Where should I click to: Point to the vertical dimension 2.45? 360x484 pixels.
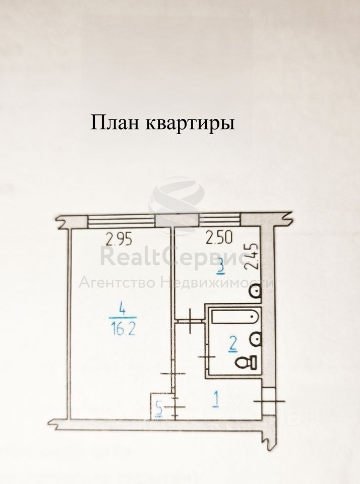click(x=255, y=256)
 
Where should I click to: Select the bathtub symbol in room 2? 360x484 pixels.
click(x=235, y=317)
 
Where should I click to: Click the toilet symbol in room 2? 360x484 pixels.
click(x=248, y=361)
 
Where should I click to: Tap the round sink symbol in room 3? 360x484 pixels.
click(x=256, y=291)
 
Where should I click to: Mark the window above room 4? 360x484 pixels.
click(x=121, y=221)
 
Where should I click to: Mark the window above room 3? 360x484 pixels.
click(x=220, y=221)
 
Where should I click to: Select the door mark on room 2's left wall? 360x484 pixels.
click(x=207, y=357)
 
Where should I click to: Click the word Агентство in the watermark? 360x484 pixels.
click(x=116, y=282)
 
